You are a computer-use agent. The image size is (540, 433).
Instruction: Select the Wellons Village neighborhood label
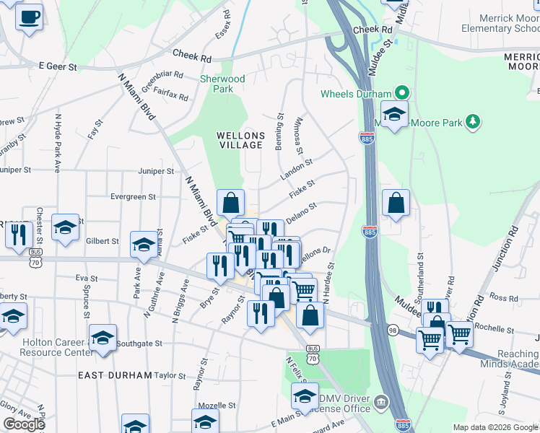pyautogui.click(x=241, y=140)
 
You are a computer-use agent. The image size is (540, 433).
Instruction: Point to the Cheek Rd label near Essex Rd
pyautogui.click(x=191, y=56)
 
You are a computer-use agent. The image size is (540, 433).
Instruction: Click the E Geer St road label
pyautogui.click(x=57, y=65)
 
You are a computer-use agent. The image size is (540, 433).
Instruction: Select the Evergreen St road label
pyautogui.click(x=132, y=196)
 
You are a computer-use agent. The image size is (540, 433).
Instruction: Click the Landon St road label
pyautogui.click(x=296, y=171)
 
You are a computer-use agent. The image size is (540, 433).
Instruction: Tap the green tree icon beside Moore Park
pyautogui.click(x=473, y=121)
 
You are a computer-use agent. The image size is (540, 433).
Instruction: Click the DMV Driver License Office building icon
pyautogui.click(x=380, y=401)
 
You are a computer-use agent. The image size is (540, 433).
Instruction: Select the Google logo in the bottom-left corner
pyautogui.click(x=24, y=424)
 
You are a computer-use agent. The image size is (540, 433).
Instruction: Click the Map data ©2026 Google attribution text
pyautogui.click(x=495, y=427)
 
